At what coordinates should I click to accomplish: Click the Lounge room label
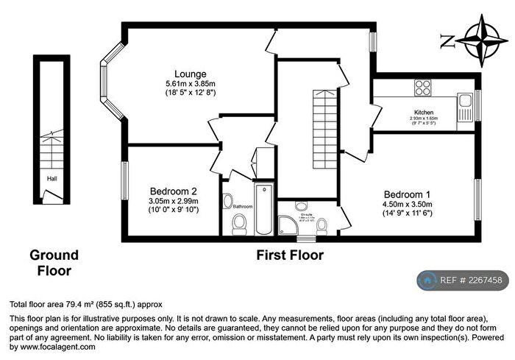click(x=190, y=74)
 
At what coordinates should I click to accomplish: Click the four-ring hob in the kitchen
click(x=422, y=88)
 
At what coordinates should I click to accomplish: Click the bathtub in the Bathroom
click(x=263, y=209)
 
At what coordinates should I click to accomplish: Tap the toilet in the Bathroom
click(x=238, y=227)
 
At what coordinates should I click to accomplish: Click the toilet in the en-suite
click(x=321, y=228)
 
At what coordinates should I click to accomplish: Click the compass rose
click(x=482, y=40)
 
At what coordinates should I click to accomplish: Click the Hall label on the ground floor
click(x=51, y=178)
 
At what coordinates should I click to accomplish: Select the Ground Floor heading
click(x=54, y=263)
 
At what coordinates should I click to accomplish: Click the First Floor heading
click(x=290, y=255)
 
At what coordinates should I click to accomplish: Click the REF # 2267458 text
click(x=471, y=280)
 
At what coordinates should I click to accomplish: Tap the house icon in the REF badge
click(x=427, y=280)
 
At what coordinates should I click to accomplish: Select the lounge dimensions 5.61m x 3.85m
click(x=190, y=84)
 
